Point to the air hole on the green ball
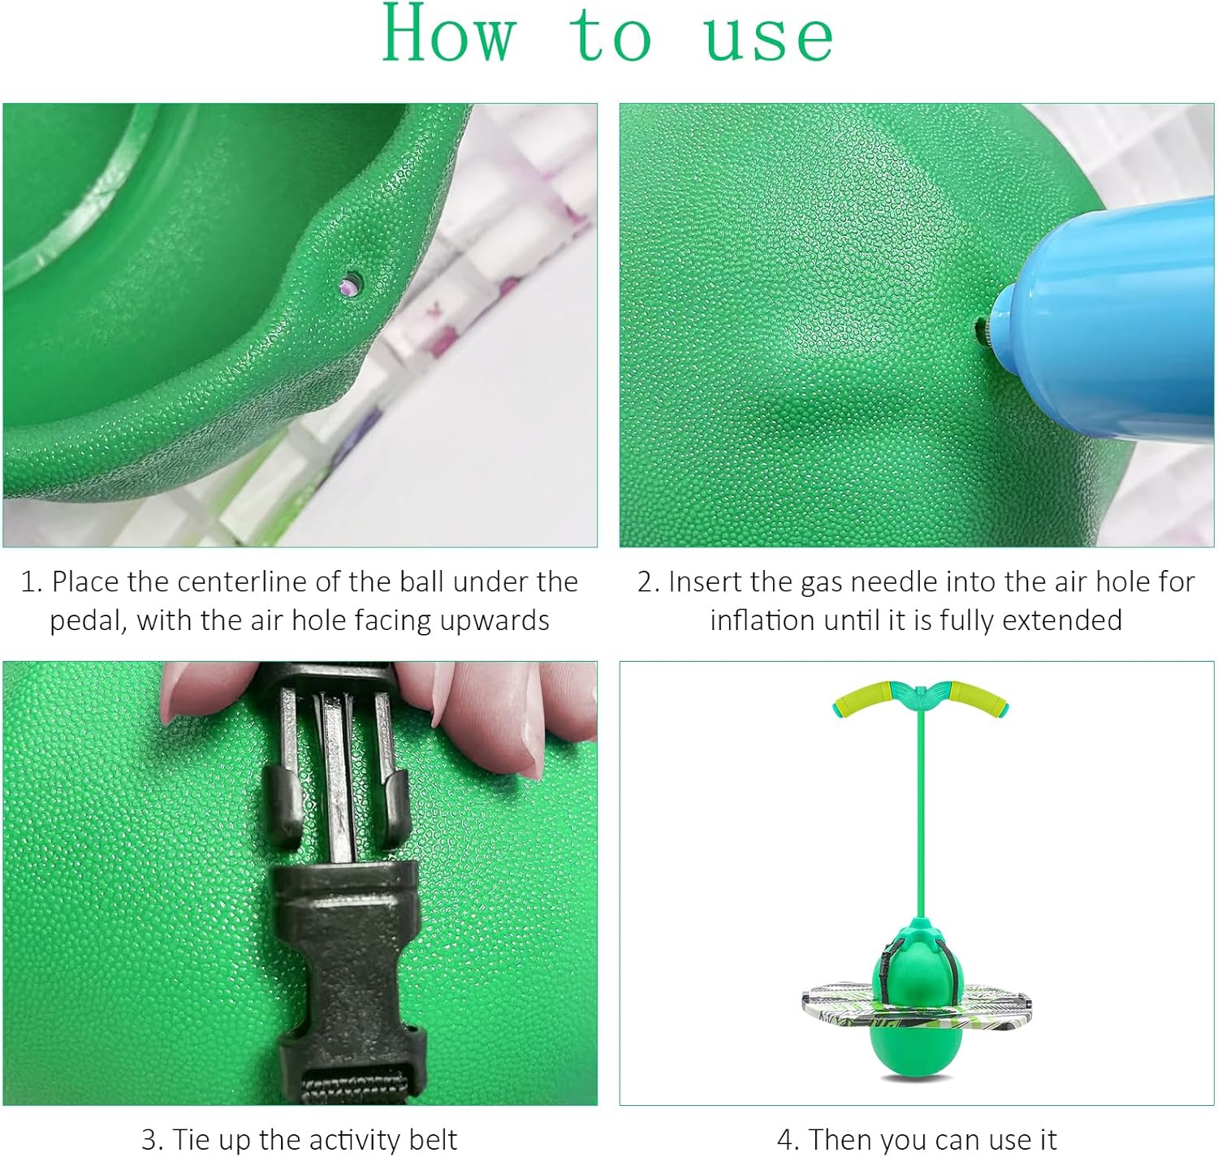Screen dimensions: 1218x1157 [x=352, y=285]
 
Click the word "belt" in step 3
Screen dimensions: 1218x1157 [x=433, y=1139]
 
